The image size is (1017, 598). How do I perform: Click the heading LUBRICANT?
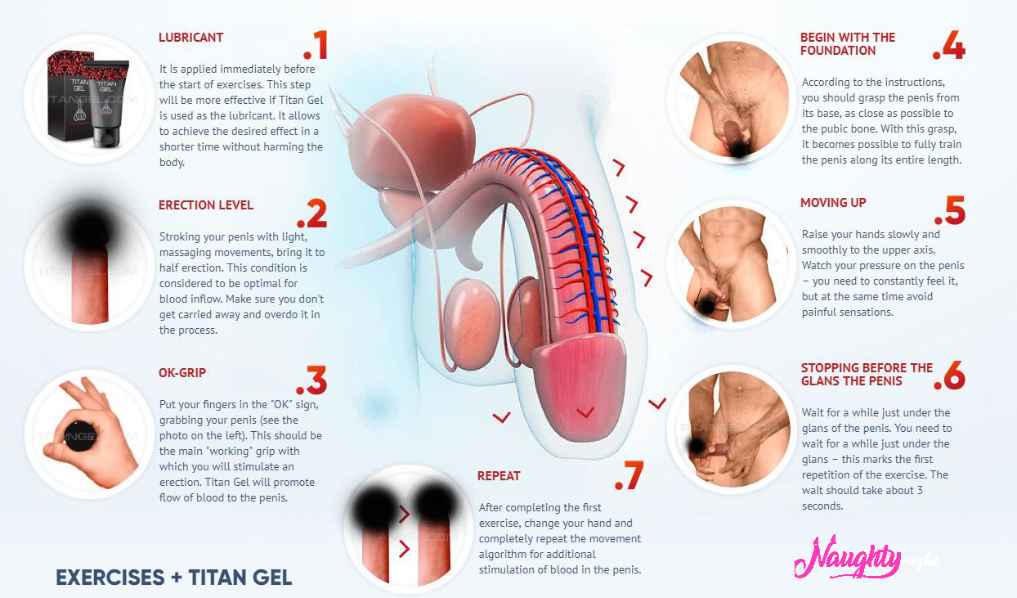pos(190,38)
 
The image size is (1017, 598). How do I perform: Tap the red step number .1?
pos(315,45)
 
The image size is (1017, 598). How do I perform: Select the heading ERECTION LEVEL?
pos(206,205)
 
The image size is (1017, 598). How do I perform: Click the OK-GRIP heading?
pos(182,373)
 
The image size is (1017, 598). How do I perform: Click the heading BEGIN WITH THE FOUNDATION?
pos(848,44)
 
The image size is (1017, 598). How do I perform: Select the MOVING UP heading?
pos(833,203)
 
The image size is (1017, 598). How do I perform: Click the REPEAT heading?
pos(499,476)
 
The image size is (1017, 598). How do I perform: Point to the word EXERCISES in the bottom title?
pos(110,577)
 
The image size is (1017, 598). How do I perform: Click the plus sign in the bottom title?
pos(177,578)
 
